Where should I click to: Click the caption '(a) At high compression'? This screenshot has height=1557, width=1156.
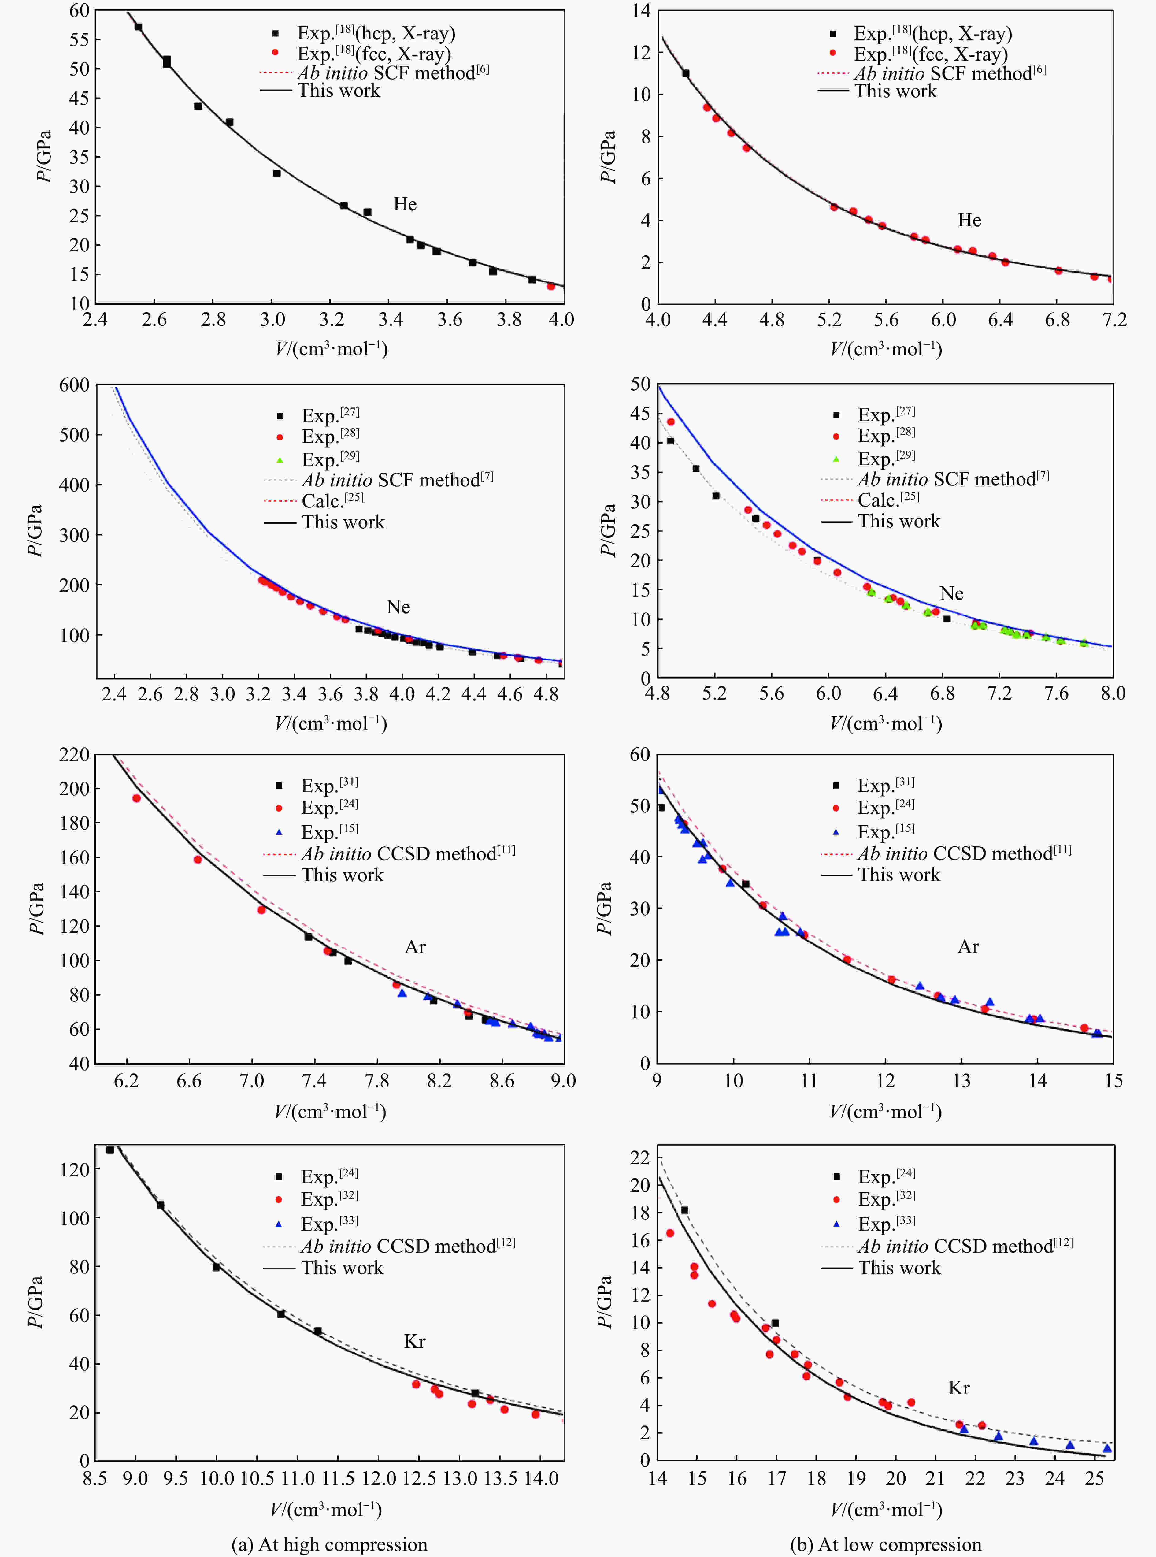(329, 1544)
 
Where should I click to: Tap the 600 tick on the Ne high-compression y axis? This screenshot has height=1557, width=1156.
(74, 385)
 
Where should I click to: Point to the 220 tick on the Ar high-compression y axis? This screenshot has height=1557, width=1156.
(74, 754)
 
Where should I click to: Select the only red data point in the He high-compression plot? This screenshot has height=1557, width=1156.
(551, 286)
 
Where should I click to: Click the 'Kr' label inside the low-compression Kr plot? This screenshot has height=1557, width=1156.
(959, 1388)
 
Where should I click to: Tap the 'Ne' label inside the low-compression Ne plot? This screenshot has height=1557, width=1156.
(952, 593)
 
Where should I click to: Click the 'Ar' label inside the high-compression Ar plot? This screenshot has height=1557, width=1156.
(415, 947)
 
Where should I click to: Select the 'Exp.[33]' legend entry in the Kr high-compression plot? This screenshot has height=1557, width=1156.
(329, 1224)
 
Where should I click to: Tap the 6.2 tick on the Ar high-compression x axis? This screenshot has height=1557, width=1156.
(126, 1081)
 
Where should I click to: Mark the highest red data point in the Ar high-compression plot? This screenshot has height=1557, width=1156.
(136, 798)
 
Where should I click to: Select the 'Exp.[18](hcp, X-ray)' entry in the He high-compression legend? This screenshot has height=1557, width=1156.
(376, 33)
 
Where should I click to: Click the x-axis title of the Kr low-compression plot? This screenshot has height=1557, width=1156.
(886, 1509)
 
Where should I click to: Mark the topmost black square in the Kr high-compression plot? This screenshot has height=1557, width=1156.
(110, 1150)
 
